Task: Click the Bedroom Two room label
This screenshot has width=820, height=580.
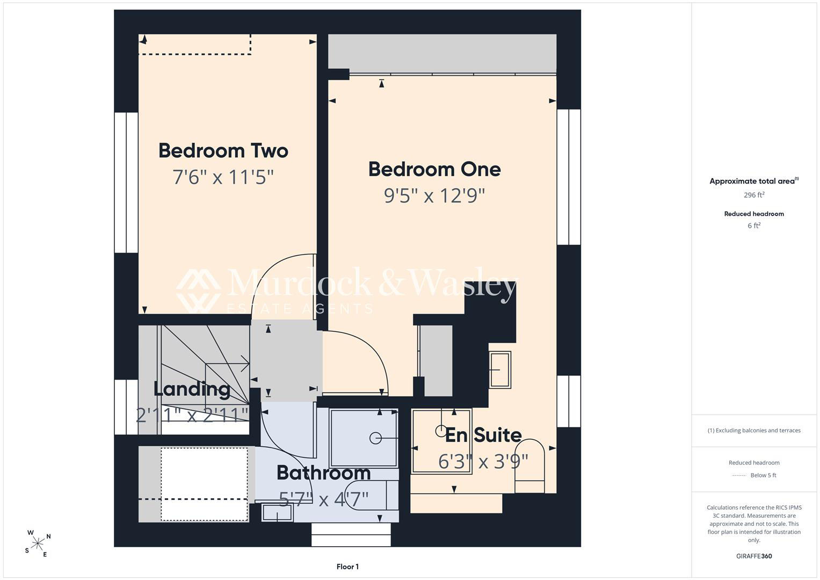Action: pos(223,150)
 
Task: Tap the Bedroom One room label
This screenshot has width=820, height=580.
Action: pos(434,169)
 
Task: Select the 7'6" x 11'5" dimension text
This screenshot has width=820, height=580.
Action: pos(223,177)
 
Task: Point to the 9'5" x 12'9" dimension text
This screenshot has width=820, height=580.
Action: pos(434,195)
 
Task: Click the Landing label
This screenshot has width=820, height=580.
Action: pos(192,389)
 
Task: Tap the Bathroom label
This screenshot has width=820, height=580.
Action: pos(324,473)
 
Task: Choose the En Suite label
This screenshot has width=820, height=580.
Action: pos(483,435)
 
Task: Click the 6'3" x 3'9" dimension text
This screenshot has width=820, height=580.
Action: pos(483,462)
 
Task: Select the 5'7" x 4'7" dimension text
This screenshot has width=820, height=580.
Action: pos(324,499)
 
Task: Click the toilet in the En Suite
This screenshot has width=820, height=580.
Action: pos(529,466)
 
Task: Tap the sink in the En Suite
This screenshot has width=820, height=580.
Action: pos(500,370)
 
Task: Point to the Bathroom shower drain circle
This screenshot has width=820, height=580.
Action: pos(375,438)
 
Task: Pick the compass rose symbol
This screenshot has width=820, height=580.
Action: pos(38,543)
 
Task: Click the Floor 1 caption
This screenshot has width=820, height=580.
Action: pos(347,567)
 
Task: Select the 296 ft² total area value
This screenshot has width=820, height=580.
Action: pos(754,195)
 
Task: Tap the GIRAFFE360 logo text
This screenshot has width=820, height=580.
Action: pos(754,556)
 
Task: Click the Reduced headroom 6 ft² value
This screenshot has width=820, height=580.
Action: pos(754,226)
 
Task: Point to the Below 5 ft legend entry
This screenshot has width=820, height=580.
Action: pos(754,475)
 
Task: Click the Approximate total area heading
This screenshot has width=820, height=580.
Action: pos(754,181)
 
